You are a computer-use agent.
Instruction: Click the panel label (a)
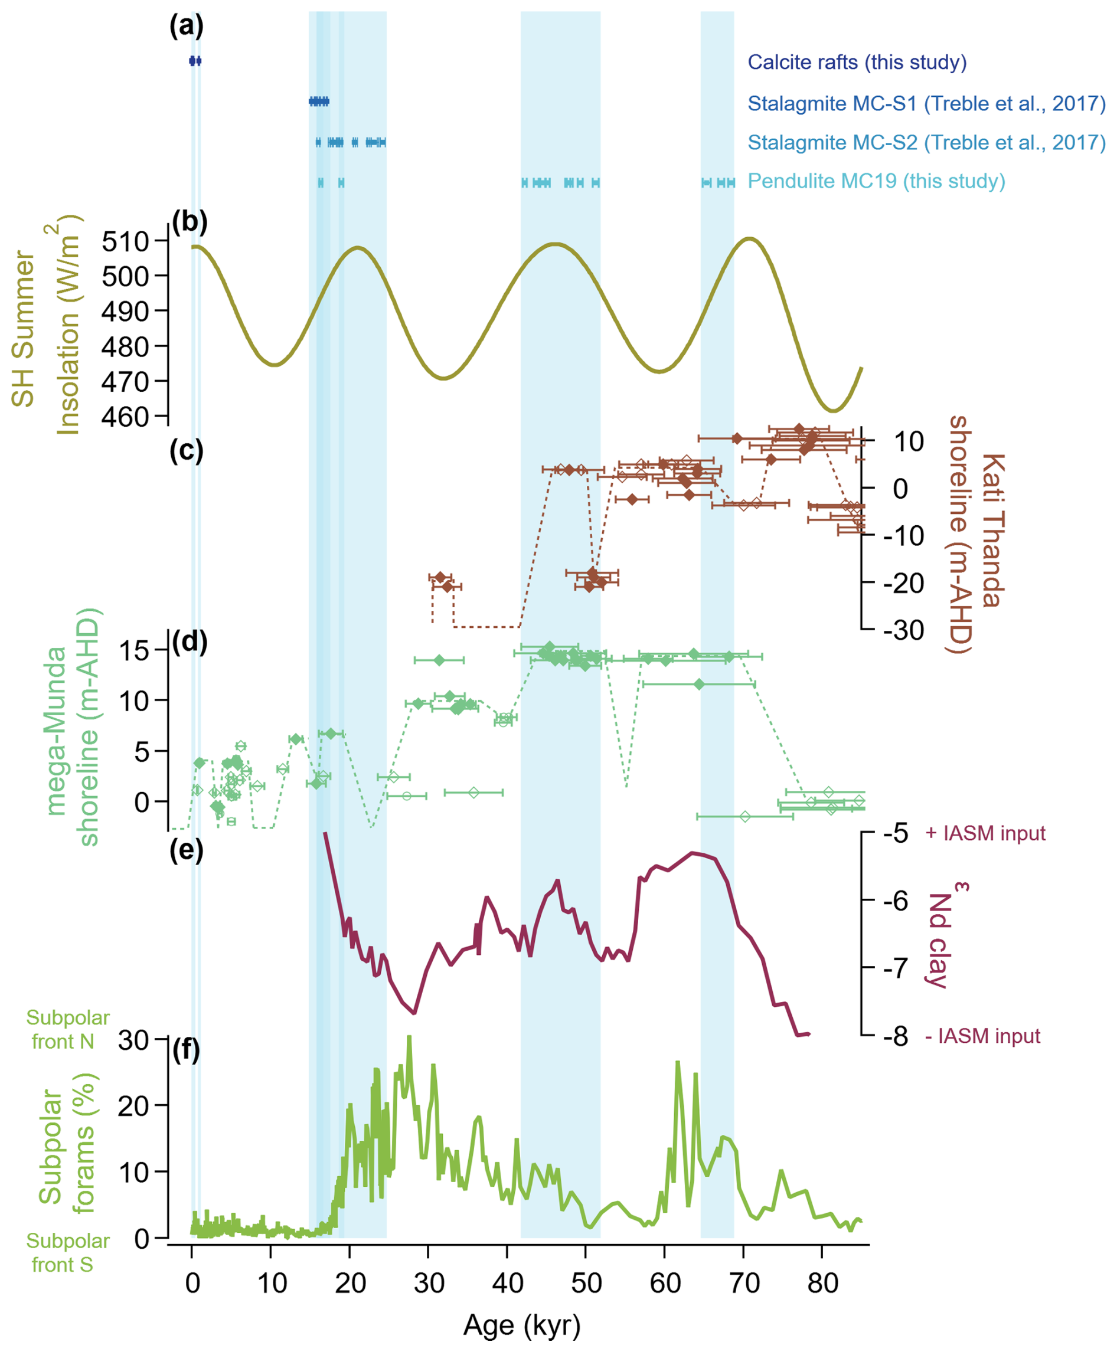(x=186, y=27)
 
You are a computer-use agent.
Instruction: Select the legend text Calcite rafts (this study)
(x=857, y=63)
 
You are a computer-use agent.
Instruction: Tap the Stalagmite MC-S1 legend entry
(x=926, y=103)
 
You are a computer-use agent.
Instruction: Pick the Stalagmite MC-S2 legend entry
(x=926, y=142)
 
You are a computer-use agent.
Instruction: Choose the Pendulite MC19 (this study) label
(x=876, y=181)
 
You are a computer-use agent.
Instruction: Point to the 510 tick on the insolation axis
(x=126, y=242)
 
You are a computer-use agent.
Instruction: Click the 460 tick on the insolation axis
(x=126, y=417)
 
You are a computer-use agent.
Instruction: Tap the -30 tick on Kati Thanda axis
(x=903, y=630)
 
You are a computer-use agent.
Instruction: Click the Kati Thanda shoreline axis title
(x=976, y=534)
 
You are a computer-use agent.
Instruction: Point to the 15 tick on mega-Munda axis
(x=135, y=650)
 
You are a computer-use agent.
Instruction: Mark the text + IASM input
(x=984, y=834)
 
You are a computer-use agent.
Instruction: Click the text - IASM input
(x=982, y=1036)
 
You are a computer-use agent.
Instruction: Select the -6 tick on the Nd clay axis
(x=895, y=901)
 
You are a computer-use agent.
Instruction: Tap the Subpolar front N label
(x=67, y=1030)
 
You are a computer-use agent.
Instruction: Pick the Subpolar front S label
(x=67, y=1253)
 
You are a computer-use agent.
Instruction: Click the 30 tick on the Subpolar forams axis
(x=133, y=1040)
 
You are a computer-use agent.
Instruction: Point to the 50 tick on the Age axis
(x=586, y=1284)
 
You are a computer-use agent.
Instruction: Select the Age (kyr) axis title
(x=522, y=1325)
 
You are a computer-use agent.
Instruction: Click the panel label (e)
(x=186, y=850)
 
